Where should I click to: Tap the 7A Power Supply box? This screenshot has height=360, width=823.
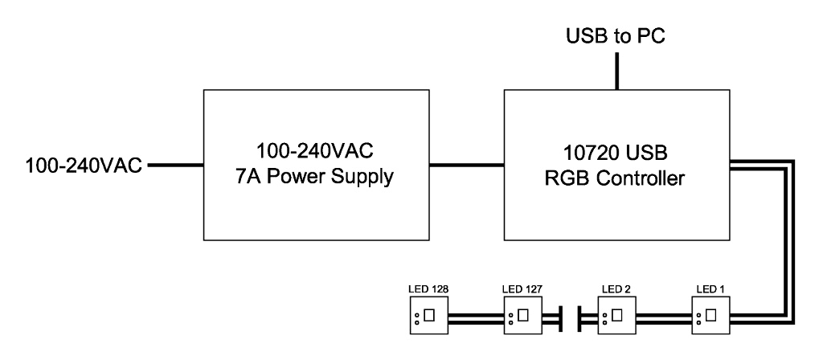click(315, 164)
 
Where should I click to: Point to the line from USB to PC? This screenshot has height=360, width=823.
click(616, 71)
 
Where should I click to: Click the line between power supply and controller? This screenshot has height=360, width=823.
click(466, 166)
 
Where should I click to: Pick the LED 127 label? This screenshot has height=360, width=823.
click(522, 287)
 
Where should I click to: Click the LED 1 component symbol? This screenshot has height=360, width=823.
click(710, 315)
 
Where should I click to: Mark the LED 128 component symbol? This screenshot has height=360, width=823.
click(427, 315)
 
